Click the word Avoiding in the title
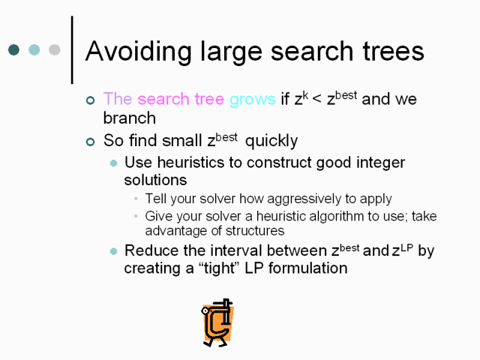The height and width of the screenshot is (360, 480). click(x=139, y=52)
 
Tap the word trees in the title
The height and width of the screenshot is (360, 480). click(x=393, y=52)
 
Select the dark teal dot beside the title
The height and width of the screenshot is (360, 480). click(x=13, y=49)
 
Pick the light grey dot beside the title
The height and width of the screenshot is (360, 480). click(x=55, y=49)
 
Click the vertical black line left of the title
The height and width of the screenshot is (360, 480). click(x=72, y=50)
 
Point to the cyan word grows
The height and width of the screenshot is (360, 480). click(x=253, y=100)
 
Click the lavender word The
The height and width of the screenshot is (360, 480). click(x=118, y=98)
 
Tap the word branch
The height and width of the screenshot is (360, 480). click(x=130, y=118)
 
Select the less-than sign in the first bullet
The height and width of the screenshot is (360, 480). click(x=317, y=99)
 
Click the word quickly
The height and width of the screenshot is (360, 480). click(x=271, y=141)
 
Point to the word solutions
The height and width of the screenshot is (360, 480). click(x=155, y=180)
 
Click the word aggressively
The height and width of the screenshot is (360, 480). click(x=304, y=199)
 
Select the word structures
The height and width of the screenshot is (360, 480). click(x=255, y=231)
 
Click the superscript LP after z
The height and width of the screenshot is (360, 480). click(x=406, y=247)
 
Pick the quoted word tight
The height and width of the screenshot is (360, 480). click(x=219, y=268)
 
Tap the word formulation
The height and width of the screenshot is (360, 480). click(x=308, y=268)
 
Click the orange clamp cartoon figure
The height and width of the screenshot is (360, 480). click(x=218, y=322)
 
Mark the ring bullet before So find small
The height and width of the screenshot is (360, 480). click(x=90, y=142)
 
